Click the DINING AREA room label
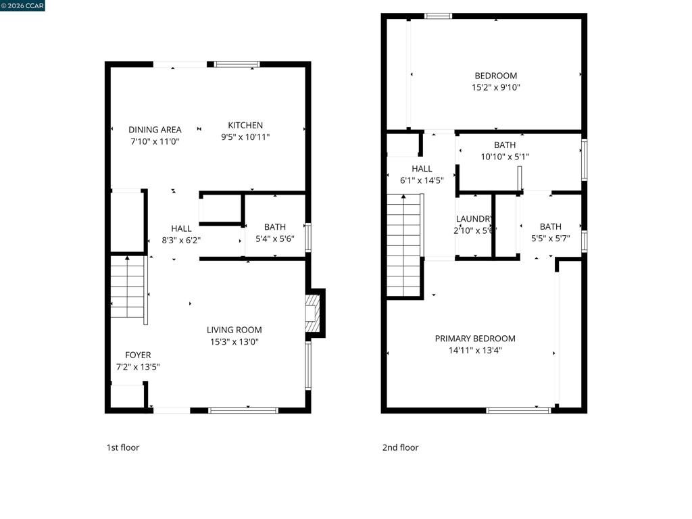pyautogui.click(x=155, y=130)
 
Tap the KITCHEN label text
pyautogui.click(x=245, y=125)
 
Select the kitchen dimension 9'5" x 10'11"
pyautogui.click(x=245, y=137)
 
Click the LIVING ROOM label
pyautogui.click(x=234, y=330)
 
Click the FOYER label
pyautogui.click(x=138, y=355)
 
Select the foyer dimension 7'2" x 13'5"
pyautogui.click(x=138, y=367)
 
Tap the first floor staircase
pyautogui.click(x=128, y=287)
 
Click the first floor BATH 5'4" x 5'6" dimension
pyautogui.click(x=275, y=239)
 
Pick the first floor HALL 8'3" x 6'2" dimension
pyautogui.click(x=181, y=240)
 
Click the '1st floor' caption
pyautogui.click(x=123, y=447)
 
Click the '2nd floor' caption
pyautogui.click(x=400, y=447)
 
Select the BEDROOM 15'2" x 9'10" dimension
pyautogui.click(x=495, y=87)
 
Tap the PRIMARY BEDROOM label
pyautogui.click(x=475, y=339)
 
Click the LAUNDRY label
pyautogui.click(x=474, y=219)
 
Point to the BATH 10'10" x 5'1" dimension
pyautogui.click(x=504, y=157)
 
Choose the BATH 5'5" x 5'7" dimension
pyautogui.click(x=550, y=239)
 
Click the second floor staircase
pyautogui.click(x=404, y=243)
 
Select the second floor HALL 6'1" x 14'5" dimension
pyautogui.click(x=422, y=180)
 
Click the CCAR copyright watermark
pyautogui.click(x=22, y=5)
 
